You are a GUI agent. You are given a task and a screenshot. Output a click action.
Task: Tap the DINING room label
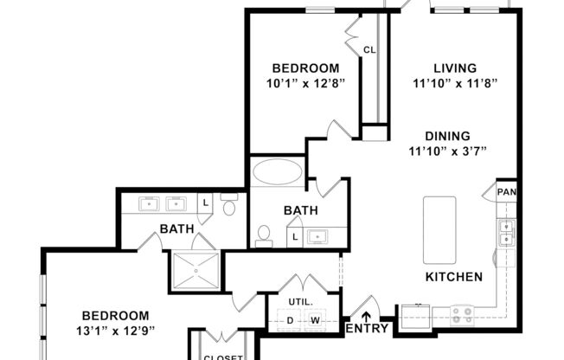[x=447, y=136]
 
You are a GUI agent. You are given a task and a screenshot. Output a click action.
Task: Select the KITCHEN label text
[x=453, y=277]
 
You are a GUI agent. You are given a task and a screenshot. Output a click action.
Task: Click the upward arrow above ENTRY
[x=366, y=316]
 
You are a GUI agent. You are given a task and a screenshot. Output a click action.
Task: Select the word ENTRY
[x=366, y=329]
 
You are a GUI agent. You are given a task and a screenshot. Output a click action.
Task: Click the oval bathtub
[x=278, y=171]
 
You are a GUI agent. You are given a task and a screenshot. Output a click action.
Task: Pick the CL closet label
[x=369, y=49]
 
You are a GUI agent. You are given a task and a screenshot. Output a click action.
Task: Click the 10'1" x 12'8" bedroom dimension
[x=305, y=84]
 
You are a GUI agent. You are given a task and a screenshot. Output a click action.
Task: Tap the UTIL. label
[x=300, y=301]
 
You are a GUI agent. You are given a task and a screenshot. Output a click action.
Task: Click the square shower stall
[x=195, y=270]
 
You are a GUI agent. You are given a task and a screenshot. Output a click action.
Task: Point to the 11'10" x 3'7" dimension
[x=447, y=151]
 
